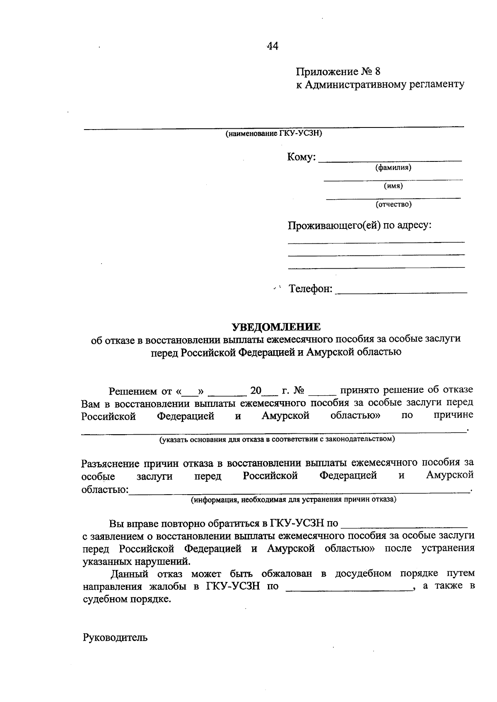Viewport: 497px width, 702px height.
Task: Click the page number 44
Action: click(273, 46)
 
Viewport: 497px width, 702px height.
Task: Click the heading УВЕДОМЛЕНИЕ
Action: click(276, 327)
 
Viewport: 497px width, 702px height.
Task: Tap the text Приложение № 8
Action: click(338, 72)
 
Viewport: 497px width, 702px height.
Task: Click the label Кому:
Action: click(302, 157)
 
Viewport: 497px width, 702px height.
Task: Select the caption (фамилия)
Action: click(393, 168)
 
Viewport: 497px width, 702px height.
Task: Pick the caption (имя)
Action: click(393, 186)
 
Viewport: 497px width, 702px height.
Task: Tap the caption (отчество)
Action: click(393, 204)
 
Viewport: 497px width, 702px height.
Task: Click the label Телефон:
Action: click(311, 288)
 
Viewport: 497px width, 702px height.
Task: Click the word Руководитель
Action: click(115, 637)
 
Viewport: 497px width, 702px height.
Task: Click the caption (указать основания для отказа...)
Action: click(277, 439)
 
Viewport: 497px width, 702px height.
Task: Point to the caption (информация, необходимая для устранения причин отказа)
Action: click(293, 499)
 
